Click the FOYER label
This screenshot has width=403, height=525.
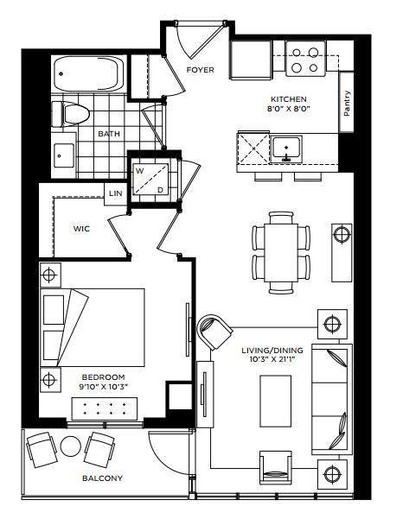click(200, 70)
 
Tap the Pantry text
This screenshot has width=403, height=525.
click(347, 104)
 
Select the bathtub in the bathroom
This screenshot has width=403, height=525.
click(89, 73)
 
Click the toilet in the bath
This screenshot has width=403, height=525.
click(72, 114)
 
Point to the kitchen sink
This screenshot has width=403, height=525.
click(286, 149)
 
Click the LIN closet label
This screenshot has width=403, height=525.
click(116, 193)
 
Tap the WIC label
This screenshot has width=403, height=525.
click(81, 229)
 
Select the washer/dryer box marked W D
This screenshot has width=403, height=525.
click(150, 180)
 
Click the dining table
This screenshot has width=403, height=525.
click(281, 253)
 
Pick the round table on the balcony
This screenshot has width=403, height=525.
click(70, 446)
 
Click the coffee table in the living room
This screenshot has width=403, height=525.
click(276, 401)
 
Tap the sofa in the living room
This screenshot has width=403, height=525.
click(332, 399)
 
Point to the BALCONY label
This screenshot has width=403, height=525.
click(103, 478)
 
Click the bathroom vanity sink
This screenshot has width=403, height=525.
click(64, 155)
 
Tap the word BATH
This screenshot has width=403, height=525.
click(109, 134)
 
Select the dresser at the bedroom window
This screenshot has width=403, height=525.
click(105, 408)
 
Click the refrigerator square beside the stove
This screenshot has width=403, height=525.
click(251, 60)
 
